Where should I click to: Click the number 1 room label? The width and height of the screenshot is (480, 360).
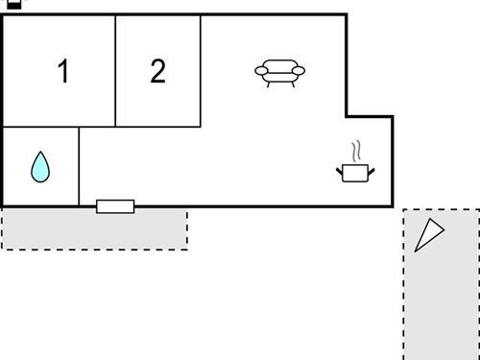(63, 72)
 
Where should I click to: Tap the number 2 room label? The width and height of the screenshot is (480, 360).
(158, 71)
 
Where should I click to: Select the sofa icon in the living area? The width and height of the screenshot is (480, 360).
(280, 73)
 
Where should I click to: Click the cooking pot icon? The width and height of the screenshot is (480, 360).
(356, 172)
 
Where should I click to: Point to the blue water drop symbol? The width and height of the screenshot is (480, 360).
(39, 167)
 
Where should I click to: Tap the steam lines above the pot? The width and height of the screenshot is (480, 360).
(356, 152)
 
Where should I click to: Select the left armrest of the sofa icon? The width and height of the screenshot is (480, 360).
(260, 70)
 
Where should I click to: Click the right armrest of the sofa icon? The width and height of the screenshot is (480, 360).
(300, 70)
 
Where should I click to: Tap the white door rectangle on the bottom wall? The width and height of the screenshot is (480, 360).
(115, 206)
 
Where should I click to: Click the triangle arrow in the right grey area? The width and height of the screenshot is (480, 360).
(428, 234)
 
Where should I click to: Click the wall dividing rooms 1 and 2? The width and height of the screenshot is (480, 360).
(116, 72)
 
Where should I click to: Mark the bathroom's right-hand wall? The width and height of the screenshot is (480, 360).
(79, 165)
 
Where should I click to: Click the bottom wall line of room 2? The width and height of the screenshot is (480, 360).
(158, 126)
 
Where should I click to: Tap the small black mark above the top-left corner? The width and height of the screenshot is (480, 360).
(13, 4)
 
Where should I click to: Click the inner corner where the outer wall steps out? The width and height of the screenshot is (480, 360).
(347, 116)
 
